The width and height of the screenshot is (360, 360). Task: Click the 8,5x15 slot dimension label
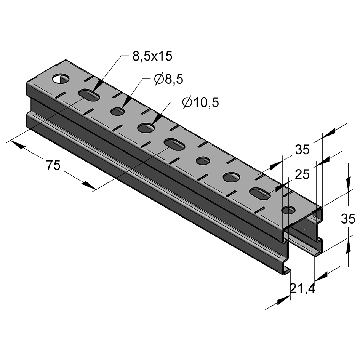152,56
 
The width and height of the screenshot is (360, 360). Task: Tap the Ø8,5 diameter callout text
169,80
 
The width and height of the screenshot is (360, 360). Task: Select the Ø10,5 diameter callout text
200,102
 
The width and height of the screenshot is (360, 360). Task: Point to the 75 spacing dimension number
53,165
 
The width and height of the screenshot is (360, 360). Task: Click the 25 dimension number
302,174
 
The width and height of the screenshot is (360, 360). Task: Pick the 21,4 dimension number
302,289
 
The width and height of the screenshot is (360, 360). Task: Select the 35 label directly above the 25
302,150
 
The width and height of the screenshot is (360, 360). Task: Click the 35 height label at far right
348,219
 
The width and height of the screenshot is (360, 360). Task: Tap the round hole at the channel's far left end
61,78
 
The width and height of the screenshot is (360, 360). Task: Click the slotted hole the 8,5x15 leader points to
89,95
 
